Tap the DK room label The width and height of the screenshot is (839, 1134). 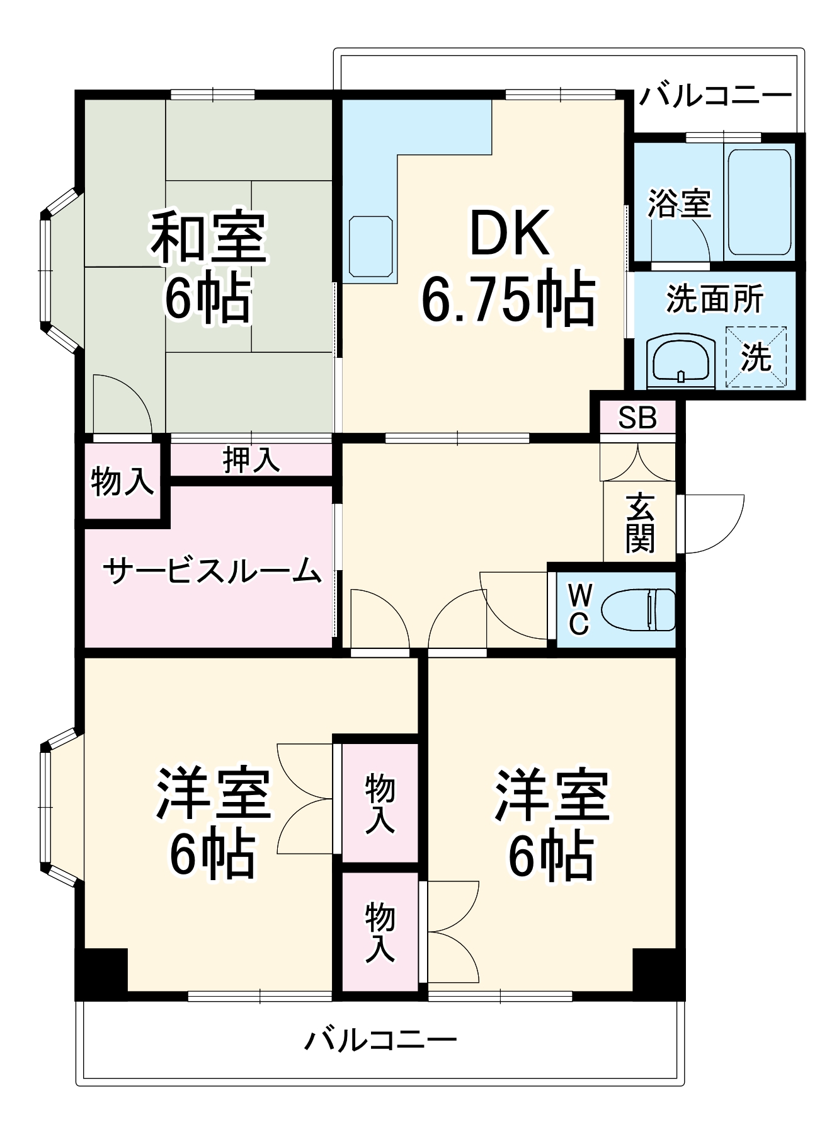click(x=509, y=233)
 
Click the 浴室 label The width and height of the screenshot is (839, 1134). click(x=680, y=203)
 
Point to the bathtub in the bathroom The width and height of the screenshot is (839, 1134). click(x=759, y=202)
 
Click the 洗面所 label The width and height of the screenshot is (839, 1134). click(x=715, y=299)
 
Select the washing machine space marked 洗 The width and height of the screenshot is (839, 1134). click(x=756, y=357)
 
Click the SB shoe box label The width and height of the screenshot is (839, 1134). click(x=637, y=417)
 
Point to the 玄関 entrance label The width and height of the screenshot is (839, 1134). click(x=640, y=523)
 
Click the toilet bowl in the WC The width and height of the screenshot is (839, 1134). click(x=637, y=610)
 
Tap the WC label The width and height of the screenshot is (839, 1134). click(x=579, y=610)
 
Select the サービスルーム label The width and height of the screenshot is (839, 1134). click(x=212, y=571)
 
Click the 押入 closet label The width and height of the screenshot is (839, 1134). click(x=251, y=461)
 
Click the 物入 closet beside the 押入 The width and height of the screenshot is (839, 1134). click(x=122, y=483)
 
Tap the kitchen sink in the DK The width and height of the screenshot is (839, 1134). click(x=371, y=246)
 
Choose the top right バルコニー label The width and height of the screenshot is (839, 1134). click(x=716, y=96)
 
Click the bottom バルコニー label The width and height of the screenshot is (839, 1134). click(x=380, y=1039)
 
